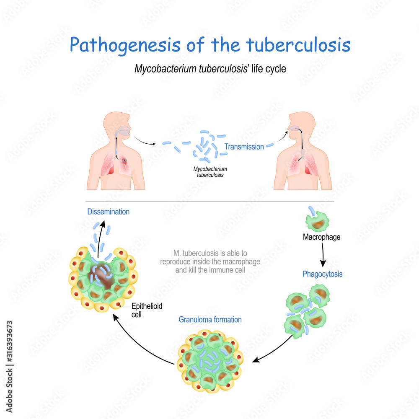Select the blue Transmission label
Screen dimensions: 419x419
pos(244,147)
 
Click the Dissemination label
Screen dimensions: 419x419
pos(108,212)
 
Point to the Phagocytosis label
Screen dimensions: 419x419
pos(322,274)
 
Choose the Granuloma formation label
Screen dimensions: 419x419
pos(210,320)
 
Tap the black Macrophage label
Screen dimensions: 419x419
pos(321,237)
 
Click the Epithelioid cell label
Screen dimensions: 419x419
pos(145,310)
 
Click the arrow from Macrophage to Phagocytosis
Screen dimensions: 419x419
pos(322,254)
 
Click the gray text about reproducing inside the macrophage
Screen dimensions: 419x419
pos(210,262)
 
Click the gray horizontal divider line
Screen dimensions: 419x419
pos(209,202)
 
